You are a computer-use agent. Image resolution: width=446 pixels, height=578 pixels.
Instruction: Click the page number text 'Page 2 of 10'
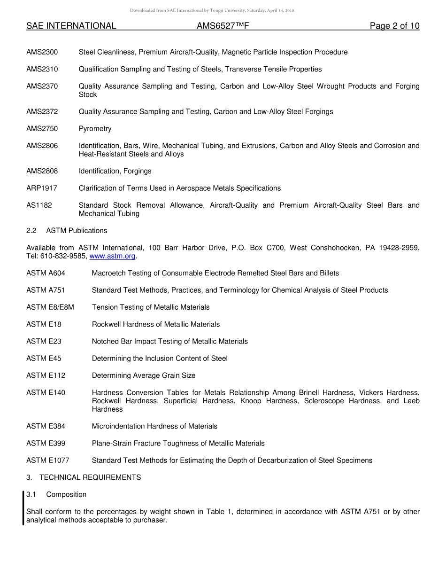[x=394, y=26]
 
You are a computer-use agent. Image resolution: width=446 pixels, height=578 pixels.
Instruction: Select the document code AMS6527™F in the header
[x=223, y=26]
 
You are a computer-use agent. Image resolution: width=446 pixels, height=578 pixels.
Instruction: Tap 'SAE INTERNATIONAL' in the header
[x=71, y=26]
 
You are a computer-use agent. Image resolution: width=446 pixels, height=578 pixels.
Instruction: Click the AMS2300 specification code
[x=42, y=52]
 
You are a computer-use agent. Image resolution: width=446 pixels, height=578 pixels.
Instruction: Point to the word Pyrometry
[x=95, y=129]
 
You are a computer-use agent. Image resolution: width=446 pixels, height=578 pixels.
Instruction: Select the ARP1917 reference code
[x=42, y=188]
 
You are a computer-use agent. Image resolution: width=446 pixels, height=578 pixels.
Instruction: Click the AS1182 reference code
[x=39, y=205]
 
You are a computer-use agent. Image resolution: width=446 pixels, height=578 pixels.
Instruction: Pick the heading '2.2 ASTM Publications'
[x=67, y=231]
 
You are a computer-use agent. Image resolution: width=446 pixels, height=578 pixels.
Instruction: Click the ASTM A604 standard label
[x=46, y=273]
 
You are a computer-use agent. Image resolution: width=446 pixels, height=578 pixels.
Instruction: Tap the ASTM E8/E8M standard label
[x=50, y=307]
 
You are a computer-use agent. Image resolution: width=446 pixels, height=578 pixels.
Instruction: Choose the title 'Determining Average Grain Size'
[x=144, y=375]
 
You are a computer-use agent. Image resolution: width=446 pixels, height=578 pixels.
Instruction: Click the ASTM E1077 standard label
[x=47, y=461]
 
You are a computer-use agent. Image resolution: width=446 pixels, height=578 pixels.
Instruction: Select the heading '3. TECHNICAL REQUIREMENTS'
[x=84, y=477]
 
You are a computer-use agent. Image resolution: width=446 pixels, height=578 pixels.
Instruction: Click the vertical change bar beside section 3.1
[x=23, y=508]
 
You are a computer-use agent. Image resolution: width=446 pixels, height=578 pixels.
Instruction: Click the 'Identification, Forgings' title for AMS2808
[x=115, y=171]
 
